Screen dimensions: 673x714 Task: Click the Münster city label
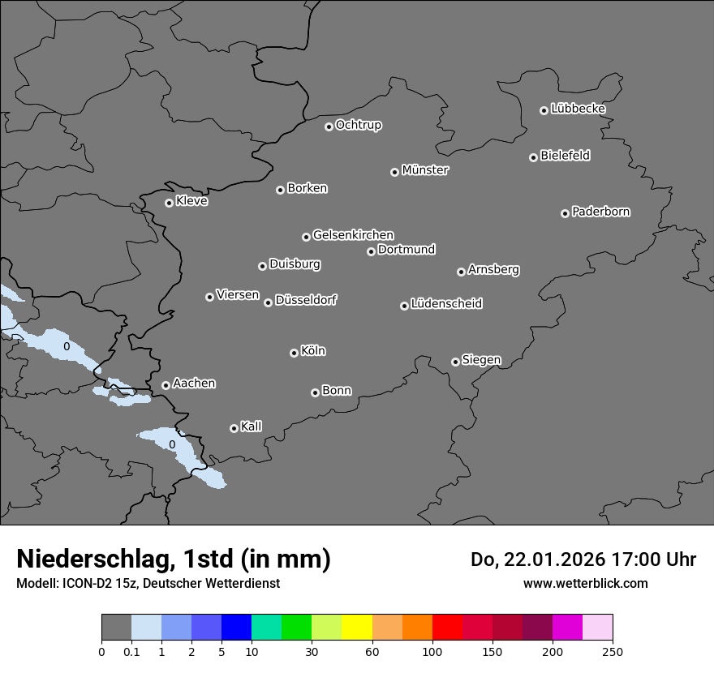[425, 170]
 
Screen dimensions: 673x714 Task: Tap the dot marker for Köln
[294, 353]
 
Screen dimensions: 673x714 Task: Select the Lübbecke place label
[578, 109]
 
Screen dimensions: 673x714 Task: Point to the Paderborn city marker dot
[565, 213]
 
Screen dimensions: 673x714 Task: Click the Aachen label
[194, 384]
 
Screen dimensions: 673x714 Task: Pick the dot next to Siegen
[455, 362]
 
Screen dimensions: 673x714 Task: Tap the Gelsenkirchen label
[353, 235]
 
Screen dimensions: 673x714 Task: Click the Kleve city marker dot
[169, 203]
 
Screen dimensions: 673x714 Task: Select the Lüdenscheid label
[446, 304]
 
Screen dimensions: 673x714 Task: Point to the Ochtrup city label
[359, 125]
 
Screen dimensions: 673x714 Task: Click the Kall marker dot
[234, 428]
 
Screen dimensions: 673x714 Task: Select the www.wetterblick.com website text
[585, 583]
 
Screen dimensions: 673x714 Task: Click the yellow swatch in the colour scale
[357, 628]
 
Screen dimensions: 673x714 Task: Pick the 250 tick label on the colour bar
[612, 651]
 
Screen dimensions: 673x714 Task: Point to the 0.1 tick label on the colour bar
[131, 651]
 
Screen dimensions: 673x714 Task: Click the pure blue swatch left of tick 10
[236, 628]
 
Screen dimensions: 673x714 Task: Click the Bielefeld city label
[565, 156]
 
